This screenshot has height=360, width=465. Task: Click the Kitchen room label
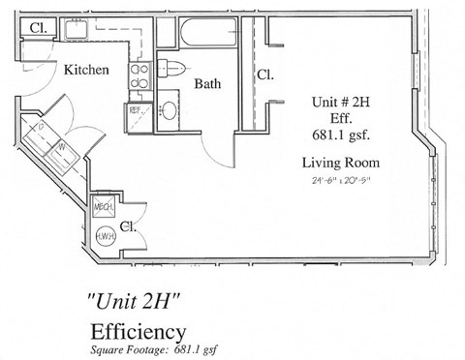pos(86,71)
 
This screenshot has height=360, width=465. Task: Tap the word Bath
pos(207,84)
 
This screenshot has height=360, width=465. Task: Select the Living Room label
pos(340,162)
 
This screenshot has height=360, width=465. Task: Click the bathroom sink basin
pos(169,109)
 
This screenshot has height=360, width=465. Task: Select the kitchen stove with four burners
pos(139,75)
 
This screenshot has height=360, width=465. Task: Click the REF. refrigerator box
pos(136,109)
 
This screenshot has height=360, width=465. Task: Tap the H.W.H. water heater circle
pos(104,235)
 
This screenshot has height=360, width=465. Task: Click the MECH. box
pos(105,208)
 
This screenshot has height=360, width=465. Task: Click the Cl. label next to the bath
pos(263,75)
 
